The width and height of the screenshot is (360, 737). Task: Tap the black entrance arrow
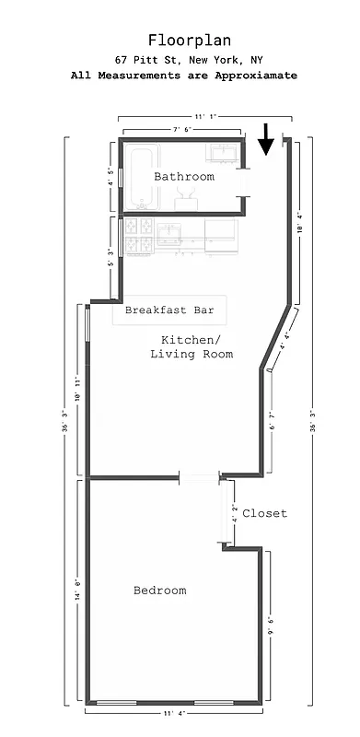tap(266, 139)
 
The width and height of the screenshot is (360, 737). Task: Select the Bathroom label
tap(184, 176)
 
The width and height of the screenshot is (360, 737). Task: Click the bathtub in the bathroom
tap(138, 177)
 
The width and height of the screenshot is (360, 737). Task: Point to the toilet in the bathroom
tap(185, 192)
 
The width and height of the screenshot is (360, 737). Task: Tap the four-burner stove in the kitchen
tap(138, 235)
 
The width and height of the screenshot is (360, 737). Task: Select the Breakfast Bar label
tap(169, 310)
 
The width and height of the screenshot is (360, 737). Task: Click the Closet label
tap(265, 513)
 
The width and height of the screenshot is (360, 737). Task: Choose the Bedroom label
tap(159, 591)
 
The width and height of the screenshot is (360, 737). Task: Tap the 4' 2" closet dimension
tap(235, 514)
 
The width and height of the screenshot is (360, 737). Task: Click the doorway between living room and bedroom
tap(199, 477)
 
